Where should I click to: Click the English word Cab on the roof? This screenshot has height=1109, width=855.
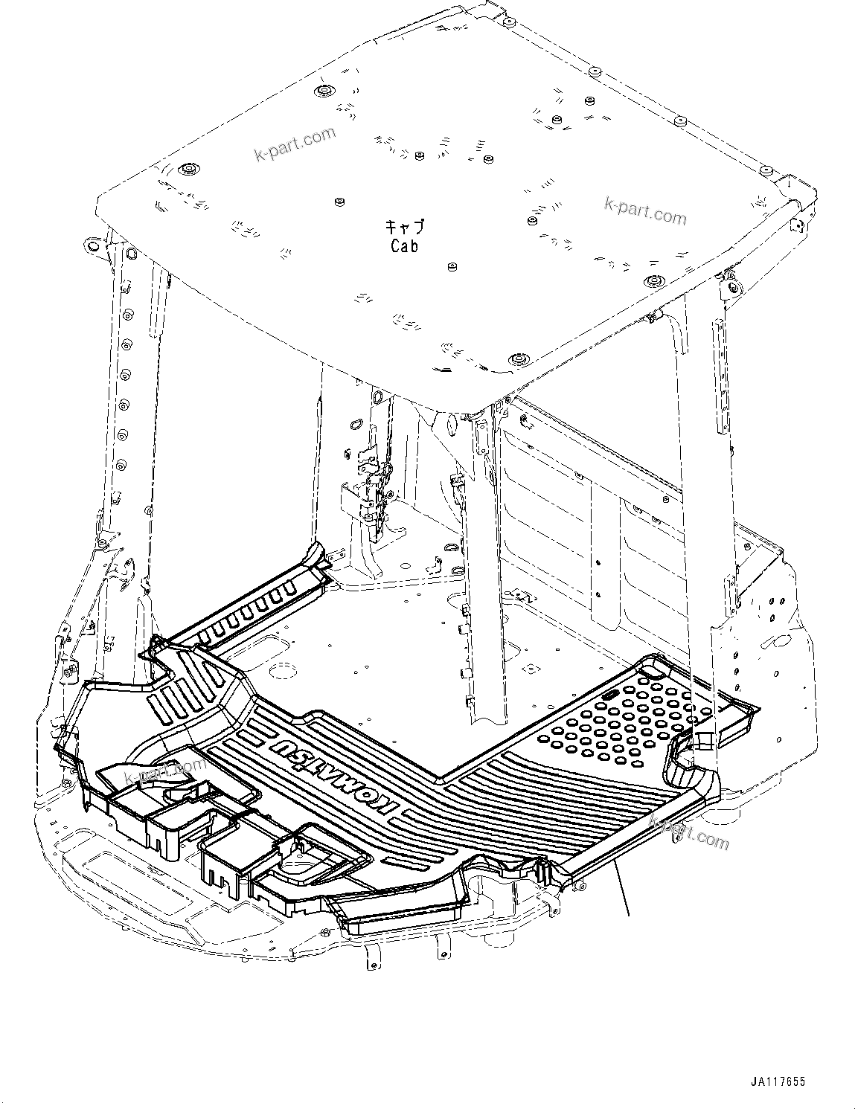pos(404,245)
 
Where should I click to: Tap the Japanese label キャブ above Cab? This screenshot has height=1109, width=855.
pos(404,227)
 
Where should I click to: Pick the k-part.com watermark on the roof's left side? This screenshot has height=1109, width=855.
pos(295,144)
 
